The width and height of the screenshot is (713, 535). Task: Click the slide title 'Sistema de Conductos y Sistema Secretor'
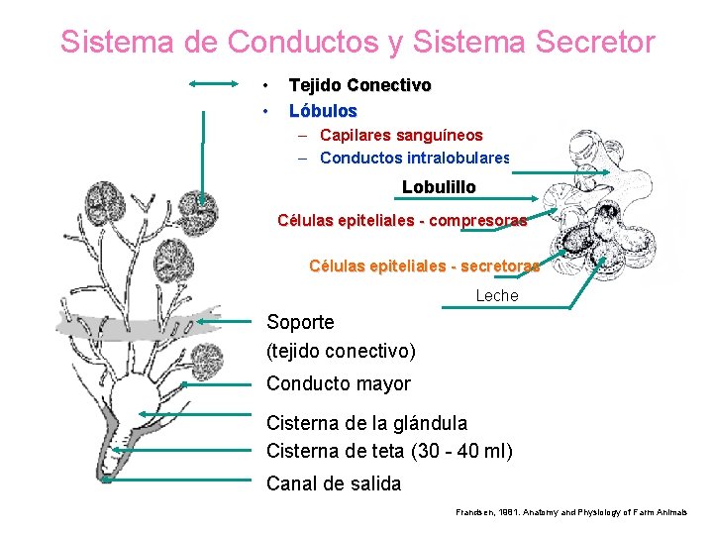click(x=356, y=43)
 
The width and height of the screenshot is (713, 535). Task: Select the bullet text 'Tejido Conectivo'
click(x=359, y=86)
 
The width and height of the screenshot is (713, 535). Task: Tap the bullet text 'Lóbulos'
click(x=323, y=110)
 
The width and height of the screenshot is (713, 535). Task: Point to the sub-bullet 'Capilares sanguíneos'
click(x=401, y=135)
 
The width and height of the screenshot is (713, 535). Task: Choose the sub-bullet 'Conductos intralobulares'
click(x=414, y=158)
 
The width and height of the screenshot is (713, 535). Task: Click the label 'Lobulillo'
click(x=439, y=186)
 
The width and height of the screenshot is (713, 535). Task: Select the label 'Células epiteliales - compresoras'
click(x=402, y=221)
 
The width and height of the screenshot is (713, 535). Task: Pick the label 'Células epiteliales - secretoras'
click(x=424, y=266)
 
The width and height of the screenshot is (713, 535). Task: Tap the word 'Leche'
click(x=497, y=295)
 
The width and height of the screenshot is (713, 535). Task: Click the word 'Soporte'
click(x=301, y=322)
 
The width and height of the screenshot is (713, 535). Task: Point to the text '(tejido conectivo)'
click(x=341, y=351)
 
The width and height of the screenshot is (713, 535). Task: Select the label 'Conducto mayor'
click(x=339, y=383)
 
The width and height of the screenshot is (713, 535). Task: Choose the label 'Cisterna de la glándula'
click(x=366, y=423)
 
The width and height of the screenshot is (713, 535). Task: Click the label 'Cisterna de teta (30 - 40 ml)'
click(x=389, y=452)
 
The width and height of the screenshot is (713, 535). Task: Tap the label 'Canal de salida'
click(x=334, y=483)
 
